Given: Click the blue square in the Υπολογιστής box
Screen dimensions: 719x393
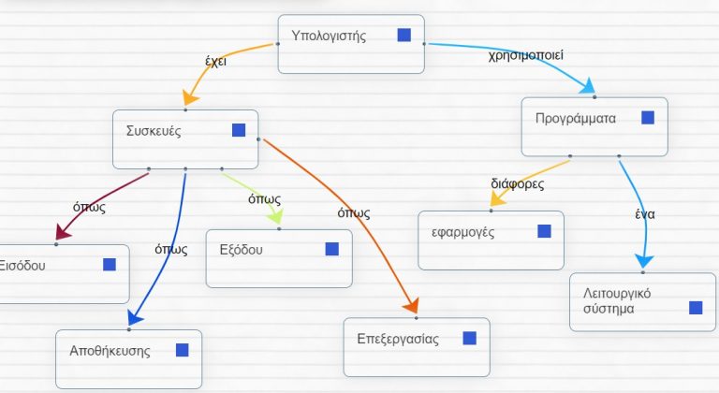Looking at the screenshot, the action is coord(404,35).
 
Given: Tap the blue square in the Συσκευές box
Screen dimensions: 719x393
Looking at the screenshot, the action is coord(239,130).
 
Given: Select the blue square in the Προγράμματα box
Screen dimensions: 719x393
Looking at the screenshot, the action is coord(648,118).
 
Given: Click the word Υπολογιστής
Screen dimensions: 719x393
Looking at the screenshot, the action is coord(329,36).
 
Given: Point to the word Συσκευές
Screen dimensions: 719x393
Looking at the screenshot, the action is coord(154,131).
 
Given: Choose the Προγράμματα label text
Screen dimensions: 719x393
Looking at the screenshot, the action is coord(576,119).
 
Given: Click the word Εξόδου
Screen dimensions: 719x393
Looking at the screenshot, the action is coord(242,250).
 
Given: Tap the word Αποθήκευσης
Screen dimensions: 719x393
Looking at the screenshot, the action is coord(110,351).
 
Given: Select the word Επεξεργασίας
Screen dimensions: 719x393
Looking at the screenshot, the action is coord(398,340).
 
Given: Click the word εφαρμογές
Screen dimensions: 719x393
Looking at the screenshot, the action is coord(463,232).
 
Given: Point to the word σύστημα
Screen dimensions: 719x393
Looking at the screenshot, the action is coord(609,309).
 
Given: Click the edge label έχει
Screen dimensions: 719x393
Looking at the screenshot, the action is coord(215,61).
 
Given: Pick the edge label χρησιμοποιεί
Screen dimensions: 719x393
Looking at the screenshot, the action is coord(525,55).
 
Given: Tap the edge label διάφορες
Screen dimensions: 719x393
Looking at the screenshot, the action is coord(517,184).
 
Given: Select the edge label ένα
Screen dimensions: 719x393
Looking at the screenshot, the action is coord(645,214).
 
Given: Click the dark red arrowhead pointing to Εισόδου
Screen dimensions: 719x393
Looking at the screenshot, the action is coord(62,232).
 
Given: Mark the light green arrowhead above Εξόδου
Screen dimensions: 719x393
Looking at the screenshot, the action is coord(276,216).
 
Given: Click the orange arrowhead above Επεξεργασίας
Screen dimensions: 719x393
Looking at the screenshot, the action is coord(411,305).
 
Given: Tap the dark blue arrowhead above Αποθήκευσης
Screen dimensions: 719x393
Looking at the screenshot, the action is coord(135,318).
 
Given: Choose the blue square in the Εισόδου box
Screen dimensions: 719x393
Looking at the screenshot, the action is coord(110,265).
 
